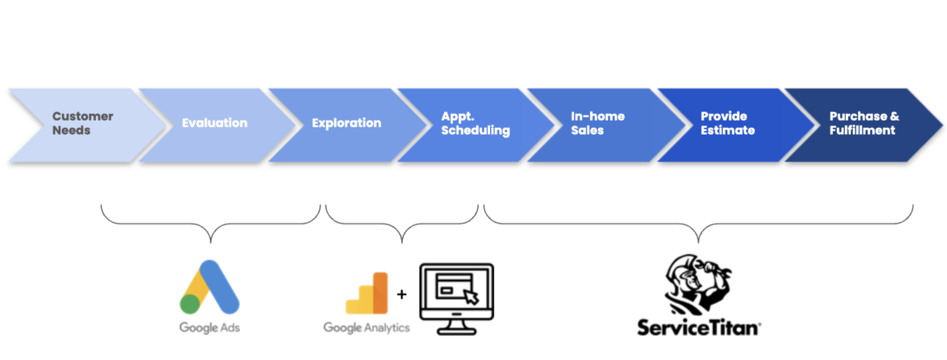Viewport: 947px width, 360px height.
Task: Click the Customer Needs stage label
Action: point(83,123)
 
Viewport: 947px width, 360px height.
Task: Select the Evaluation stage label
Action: point(214,123)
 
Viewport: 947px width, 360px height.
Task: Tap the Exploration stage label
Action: point(346,123)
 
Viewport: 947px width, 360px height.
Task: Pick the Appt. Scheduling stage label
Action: point(475,123)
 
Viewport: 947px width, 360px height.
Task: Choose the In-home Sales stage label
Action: point(598,123)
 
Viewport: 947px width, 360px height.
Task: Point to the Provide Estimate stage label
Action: point(728,123)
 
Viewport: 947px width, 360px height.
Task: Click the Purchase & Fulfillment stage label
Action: point(864,123)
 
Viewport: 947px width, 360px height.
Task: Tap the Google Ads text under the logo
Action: point(209,327)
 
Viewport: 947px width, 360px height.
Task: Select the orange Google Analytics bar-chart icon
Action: point(367,293)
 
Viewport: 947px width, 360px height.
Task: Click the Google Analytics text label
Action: point(366,327)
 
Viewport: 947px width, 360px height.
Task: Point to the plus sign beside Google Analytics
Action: point(401,293)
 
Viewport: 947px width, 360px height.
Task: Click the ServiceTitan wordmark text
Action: point(698,327)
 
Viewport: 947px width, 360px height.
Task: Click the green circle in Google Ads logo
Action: point(190,304)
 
